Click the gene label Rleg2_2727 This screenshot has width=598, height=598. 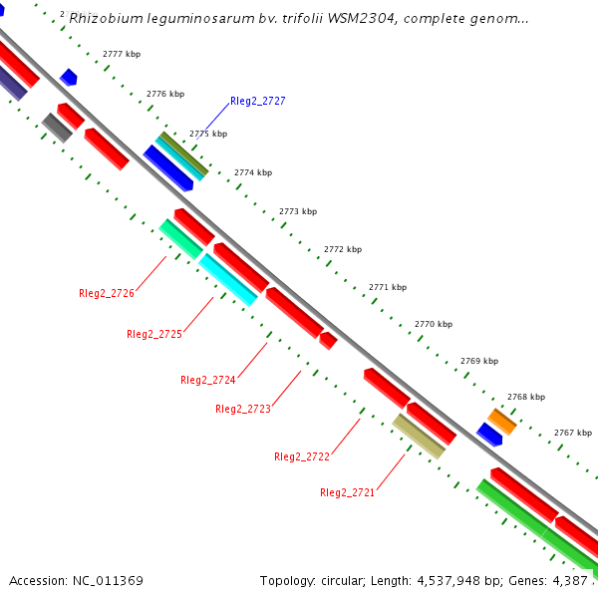[x=257, y=102]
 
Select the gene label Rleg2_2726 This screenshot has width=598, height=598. [x=107, y=293]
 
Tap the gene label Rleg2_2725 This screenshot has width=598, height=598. [x=154, y=335]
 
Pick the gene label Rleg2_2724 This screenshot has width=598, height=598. [x=207, y=380]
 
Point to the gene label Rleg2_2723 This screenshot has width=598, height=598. [x=243, y=409]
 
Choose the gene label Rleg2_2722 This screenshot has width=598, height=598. [x=301, y=456]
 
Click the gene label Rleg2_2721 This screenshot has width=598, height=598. [x=347, y=492]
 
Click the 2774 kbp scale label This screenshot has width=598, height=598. [x=253, y=172]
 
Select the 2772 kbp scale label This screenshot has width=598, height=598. [x=343, y=249]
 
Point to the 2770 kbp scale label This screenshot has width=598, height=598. [x=434, y=324]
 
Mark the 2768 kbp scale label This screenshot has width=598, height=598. [x=526, y=397]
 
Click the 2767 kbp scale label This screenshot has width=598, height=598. [x=573, y=433]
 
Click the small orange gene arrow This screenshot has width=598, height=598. [x=501, y=422]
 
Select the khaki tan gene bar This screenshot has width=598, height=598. [x=419, y=436]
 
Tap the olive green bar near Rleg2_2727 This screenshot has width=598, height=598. [x=182, y=152]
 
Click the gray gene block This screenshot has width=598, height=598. [x=57, y=128]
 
